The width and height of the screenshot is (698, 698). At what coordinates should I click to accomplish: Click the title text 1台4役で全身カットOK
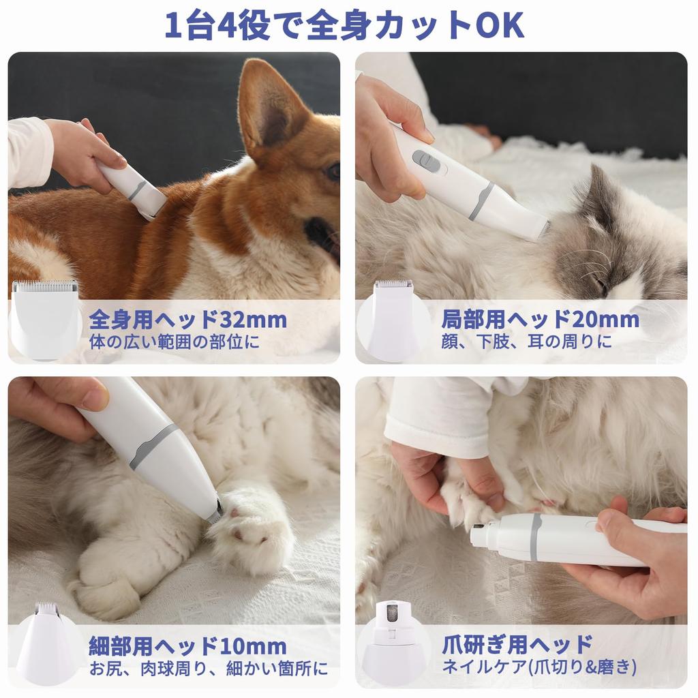coord(344,25)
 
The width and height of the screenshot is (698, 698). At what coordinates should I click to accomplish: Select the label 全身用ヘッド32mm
coord(187,319)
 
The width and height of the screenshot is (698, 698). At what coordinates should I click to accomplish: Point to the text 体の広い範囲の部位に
coord(174,342)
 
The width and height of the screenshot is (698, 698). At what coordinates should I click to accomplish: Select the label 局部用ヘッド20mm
coord(540,319)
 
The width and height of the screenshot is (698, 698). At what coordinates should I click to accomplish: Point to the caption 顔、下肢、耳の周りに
coord(526,342)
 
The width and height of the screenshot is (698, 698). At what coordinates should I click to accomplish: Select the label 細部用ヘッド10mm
coord(187,645)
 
